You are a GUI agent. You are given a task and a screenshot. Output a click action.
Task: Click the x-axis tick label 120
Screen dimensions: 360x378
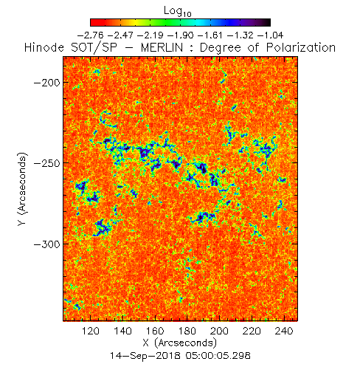click(91, 331)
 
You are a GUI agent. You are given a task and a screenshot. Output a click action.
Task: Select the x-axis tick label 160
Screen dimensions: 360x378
click(155, 331)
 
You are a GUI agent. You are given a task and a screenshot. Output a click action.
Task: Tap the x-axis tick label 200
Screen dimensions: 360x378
click(219, 331)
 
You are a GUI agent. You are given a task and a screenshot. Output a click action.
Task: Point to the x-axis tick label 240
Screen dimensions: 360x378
click(284, 331)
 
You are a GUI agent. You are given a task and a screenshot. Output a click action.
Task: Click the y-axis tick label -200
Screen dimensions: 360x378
click(47, 83)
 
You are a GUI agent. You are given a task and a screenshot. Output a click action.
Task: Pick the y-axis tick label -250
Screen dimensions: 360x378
click(47, 163)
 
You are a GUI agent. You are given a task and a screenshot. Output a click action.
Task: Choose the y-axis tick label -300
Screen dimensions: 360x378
click(47, 244)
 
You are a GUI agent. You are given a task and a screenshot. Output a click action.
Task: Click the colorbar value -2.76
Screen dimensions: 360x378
click(90, 35)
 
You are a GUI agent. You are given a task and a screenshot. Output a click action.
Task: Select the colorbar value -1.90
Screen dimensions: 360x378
click(181, 35)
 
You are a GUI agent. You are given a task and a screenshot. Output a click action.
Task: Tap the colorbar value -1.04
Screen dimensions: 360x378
click(271, 35)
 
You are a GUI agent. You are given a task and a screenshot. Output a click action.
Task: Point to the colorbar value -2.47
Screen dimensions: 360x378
click(120, 35)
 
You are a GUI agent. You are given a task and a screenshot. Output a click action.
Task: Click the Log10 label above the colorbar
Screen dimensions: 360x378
click(177, 11)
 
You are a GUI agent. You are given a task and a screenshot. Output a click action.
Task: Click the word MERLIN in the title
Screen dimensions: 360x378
click(162, 47)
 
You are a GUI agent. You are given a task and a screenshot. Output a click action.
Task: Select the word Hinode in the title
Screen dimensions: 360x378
click(44, 47)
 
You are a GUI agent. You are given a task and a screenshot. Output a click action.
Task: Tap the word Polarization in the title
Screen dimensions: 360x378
click(301, 48)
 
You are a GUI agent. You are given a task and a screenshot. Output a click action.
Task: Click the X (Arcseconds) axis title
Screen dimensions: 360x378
click(180, 343)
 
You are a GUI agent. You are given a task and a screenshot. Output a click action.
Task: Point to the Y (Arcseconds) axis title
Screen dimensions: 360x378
click(22, 189)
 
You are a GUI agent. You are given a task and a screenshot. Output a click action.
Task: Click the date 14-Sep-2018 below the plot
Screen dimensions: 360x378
click(145, 355)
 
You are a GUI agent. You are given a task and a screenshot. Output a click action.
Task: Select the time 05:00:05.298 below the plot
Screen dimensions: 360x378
click(218, 355)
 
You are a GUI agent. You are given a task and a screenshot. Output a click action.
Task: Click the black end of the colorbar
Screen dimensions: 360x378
click(268, 22)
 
